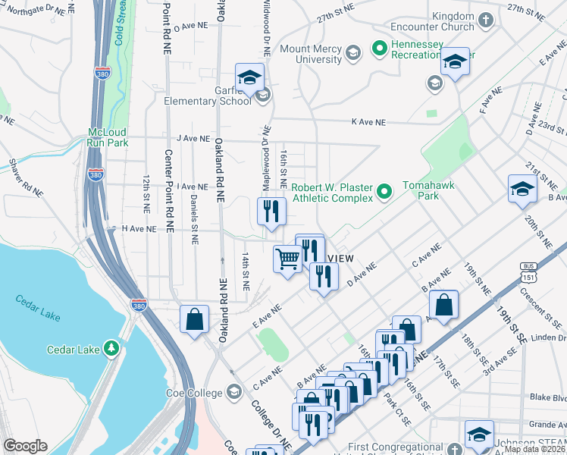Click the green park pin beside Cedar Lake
(x=112, y=348)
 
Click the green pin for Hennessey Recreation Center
(x=379, y=50)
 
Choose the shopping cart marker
(x=287, y=260)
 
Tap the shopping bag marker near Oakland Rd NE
(x=195, y=318)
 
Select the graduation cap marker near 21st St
(x=522, y=189)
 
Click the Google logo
(x=26, y=446)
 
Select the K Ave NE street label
(x=368, y=121)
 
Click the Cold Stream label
(x=119, y=23)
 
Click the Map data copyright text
(x=534, y=449)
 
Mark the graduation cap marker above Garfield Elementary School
(x=249, y=77)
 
